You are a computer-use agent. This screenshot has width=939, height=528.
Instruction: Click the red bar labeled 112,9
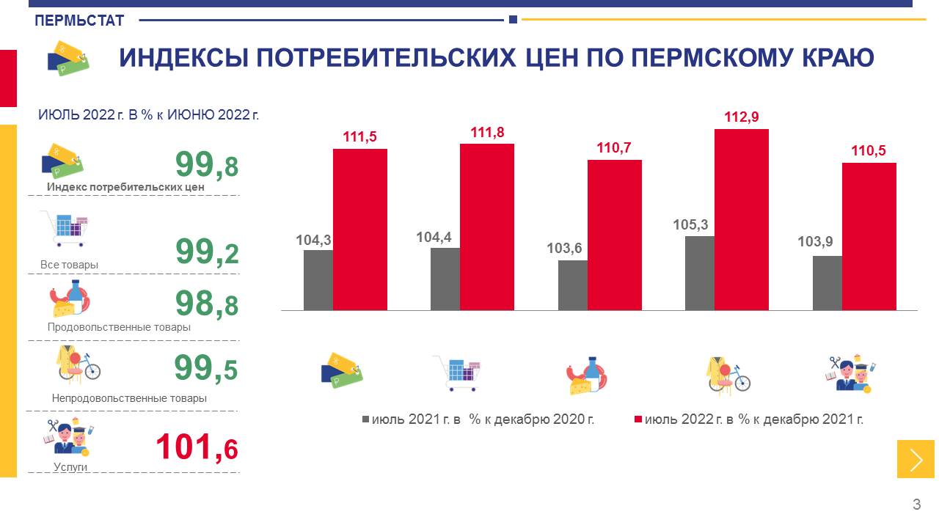tap(741, 219)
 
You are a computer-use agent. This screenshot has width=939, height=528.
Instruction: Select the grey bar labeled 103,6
tap(572, 285)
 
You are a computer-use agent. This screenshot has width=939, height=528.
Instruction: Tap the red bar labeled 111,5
tap(359, 229)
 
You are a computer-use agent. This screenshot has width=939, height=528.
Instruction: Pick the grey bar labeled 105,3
tap(699, 273)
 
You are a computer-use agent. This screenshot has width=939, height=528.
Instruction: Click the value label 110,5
tap(869, 151)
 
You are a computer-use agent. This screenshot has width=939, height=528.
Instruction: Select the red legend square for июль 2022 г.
tap(638, 419)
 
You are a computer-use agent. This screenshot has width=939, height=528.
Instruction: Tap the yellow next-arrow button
tap(916, 459)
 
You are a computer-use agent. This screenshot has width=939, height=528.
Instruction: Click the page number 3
tap(916, 505)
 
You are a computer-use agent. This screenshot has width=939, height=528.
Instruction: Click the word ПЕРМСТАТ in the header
tap(79, 21)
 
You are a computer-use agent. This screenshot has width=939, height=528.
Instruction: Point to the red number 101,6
tap(197, 447)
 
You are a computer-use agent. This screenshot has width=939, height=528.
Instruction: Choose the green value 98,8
tap(206, 304)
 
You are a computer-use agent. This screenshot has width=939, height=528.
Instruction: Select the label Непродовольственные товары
tap(129, 398)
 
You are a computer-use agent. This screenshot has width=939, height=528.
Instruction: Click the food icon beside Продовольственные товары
tap(70, 298)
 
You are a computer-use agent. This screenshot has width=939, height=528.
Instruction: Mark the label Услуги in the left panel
tap(70, 466)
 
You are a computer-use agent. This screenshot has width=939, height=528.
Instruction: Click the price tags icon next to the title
tap(67, 57)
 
